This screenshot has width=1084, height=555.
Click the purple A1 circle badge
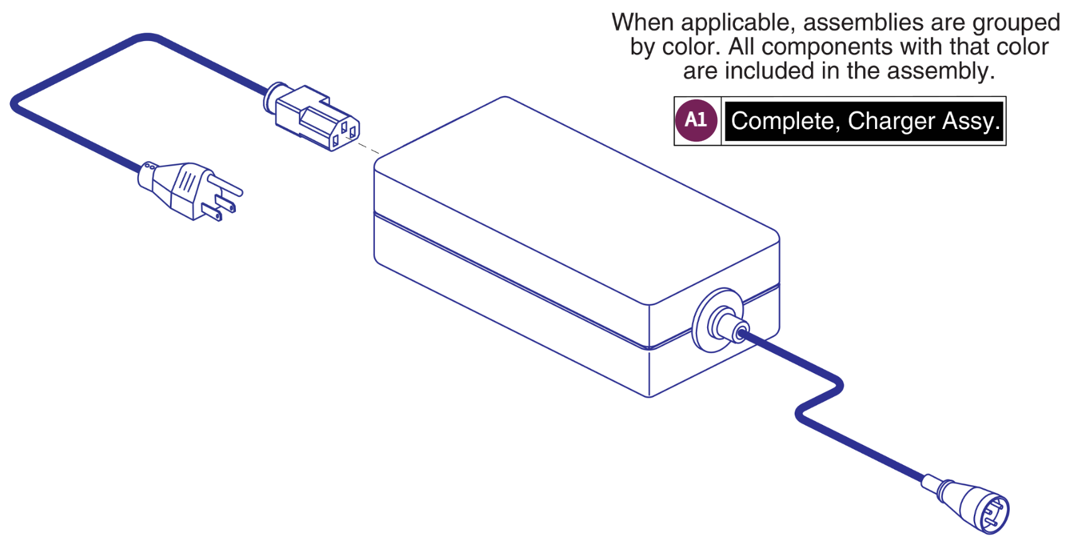pyautogui.click(x=696, y=120)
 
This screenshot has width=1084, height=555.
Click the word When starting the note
pyautogui.click(x=642, y=23)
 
